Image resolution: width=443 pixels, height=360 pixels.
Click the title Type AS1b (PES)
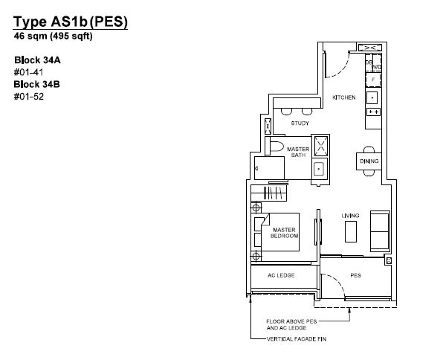pos(71,22)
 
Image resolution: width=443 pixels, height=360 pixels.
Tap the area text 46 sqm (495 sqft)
pos(53,36)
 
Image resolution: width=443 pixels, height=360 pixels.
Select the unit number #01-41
pos(28,72)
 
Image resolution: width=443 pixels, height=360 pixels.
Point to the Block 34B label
pos(36,84)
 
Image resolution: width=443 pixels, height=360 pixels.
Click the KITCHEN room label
pos(344,97)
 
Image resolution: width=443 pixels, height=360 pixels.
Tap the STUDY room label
pos(300,123)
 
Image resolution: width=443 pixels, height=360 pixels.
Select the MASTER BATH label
pos(298,152)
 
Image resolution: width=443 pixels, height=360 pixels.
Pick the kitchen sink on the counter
pos(372,98)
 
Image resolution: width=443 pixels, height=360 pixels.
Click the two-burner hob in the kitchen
pos(373,112)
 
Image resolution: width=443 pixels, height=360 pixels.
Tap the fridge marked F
pos(373,80)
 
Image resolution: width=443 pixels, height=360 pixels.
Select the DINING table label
pos(369,161)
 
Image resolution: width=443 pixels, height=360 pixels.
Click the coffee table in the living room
pos(351,231)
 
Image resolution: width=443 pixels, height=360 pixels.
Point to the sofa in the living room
pos(380,231)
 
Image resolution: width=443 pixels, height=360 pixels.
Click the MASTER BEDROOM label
pos(284,233)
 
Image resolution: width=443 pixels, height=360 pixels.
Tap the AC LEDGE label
pos(281,275)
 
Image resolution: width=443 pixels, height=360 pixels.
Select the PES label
pos(355,275)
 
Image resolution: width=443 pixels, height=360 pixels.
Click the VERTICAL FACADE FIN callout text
pos(297,338)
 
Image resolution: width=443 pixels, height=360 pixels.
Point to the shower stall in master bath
pos(321,146)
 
